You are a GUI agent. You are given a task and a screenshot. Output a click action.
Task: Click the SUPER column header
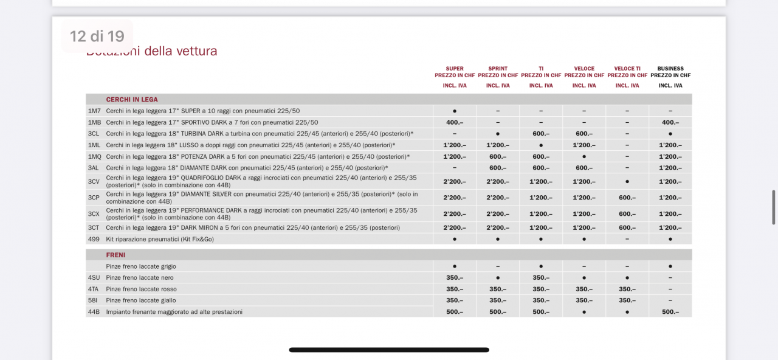[x=455, y=69]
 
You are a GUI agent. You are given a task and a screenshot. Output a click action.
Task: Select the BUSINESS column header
[x=670, y=69]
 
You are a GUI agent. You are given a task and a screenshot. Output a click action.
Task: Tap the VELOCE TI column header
[x=627, y=69]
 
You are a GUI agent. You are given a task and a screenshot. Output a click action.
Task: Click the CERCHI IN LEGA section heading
[x=132, y=100]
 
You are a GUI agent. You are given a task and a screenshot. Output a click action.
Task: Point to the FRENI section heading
[x=115, y=255]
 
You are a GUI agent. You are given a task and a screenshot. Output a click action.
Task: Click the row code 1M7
[x=94, y=111]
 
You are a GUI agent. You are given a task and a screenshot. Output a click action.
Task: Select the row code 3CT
[x=94, y=228]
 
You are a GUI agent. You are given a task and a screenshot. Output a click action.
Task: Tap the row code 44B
[x=94, y=312]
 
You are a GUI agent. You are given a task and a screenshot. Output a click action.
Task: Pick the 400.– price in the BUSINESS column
[x=670, y=123]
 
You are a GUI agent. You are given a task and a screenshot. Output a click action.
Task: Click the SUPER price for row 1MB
[x=455, y=123]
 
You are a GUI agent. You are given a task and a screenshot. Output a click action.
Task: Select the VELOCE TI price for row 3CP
[x=627, y=198]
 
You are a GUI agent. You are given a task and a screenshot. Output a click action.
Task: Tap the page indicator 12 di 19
[x=97, y=36]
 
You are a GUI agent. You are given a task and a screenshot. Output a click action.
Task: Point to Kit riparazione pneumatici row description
[x=160, y=240]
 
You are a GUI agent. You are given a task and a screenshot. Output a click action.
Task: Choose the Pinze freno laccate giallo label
[x=141, y=300]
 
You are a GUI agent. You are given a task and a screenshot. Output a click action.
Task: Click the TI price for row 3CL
[x=541, y=134]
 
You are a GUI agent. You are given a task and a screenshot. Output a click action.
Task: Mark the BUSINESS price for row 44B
[x=670, y=312]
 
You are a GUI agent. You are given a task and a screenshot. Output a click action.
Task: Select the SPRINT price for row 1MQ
[x=498, y=157]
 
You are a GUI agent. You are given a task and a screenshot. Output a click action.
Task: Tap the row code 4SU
[x=94, y=278]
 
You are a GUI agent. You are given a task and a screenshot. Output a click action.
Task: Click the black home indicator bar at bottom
[x=389, y=350]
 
